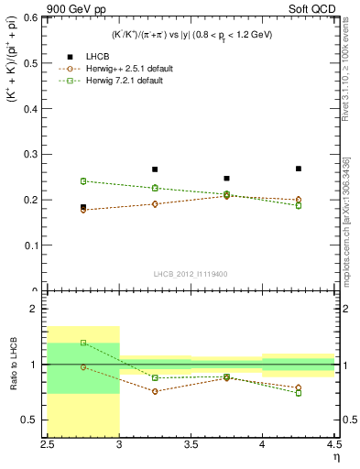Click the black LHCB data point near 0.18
pyautogui.click(x=83, y=208)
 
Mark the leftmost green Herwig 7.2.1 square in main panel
pyautogui.click(x=83, y=181)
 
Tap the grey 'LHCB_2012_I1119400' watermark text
pyautogui.click(x=190, y=274)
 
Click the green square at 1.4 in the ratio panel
pyautogui.click(x=83, y=343)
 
